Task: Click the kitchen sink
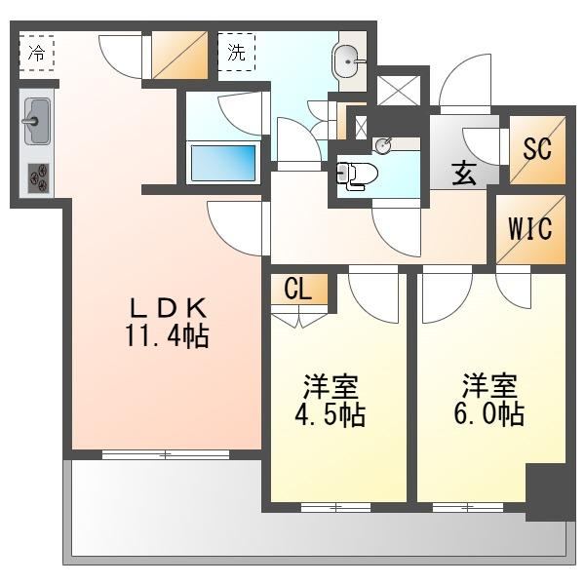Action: (37, 121)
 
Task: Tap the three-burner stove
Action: (38, 178)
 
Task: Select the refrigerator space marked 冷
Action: (37, 53)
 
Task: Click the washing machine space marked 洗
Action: (237, 52)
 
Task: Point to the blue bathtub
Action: (223, 163)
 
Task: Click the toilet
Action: (357, 175)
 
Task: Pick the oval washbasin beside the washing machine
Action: (348, 61)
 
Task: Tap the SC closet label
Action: (537, 148)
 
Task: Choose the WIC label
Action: (530, 227)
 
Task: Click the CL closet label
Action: (297, 289)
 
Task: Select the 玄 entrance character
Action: (464, 174)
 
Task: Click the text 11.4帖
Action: (167, 336)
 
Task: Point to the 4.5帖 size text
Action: (330, 414)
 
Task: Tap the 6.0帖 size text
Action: (489, 413)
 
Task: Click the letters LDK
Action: (167, 308)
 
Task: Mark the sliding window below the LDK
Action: (166, 454)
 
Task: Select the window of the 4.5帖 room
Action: (335, 507)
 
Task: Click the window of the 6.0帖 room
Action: (468, 507)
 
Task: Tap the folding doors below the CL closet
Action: (299, 316)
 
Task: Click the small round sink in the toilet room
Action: (383, 145)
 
